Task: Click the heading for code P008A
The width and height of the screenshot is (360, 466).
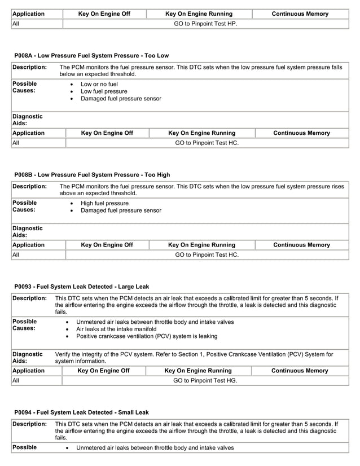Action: tap(91, 55)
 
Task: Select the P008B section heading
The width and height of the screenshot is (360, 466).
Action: tap(92, 174)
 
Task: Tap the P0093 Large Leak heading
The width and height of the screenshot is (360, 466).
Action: tap(82, 287)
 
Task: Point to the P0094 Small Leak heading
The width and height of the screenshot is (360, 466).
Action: tap(82, 412)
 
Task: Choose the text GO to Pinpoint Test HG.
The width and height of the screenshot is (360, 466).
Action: tap(205, 381)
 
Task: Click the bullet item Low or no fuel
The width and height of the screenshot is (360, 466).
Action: tap(99, 84)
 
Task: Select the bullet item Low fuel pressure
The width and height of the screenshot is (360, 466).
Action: tap(104, 91)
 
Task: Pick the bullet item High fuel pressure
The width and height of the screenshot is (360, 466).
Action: tap(104, 203)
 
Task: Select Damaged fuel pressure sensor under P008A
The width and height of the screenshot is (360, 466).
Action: tap(121, 99)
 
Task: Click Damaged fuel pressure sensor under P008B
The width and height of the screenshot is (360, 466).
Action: tap(121, 210)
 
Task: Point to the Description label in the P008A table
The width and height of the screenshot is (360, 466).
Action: tap(30, 67)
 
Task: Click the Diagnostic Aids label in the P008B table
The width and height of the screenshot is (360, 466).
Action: tap(28, 231)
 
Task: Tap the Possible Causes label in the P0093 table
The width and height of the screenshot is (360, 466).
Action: tap(25, 325)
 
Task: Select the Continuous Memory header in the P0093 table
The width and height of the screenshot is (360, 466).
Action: tap(300, 371)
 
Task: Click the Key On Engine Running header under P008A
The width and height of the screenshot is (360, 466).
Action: tap(202, 133)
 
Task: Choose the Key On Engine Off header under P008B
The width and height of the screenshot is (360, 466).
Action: tap(107, 245)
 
